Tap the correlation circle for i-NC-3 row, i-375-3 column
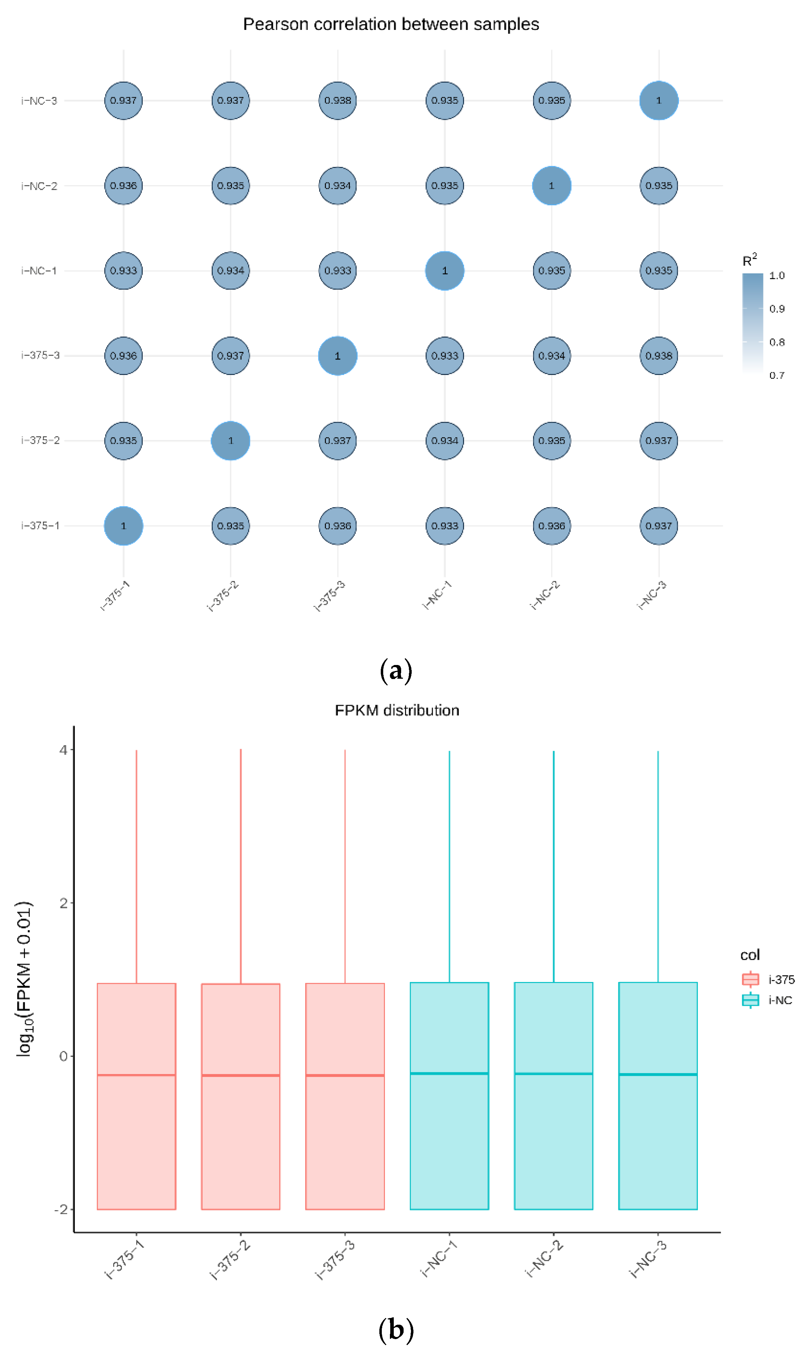click(338, 101)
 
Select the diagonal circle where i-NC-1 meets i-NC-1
click(444, 270)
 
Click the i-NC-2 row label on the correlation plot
click(39, 186)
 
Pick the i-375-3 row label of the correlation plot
click(40, 355)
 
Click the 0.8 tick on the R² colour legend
click(777, 342)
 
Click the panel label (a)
click(396, 671)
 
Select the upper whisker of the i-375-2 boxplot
click(241, 865)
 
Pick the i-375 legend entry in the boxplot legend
click(768, 980)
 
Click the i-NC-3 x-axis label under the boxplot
click(648, 1260)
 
